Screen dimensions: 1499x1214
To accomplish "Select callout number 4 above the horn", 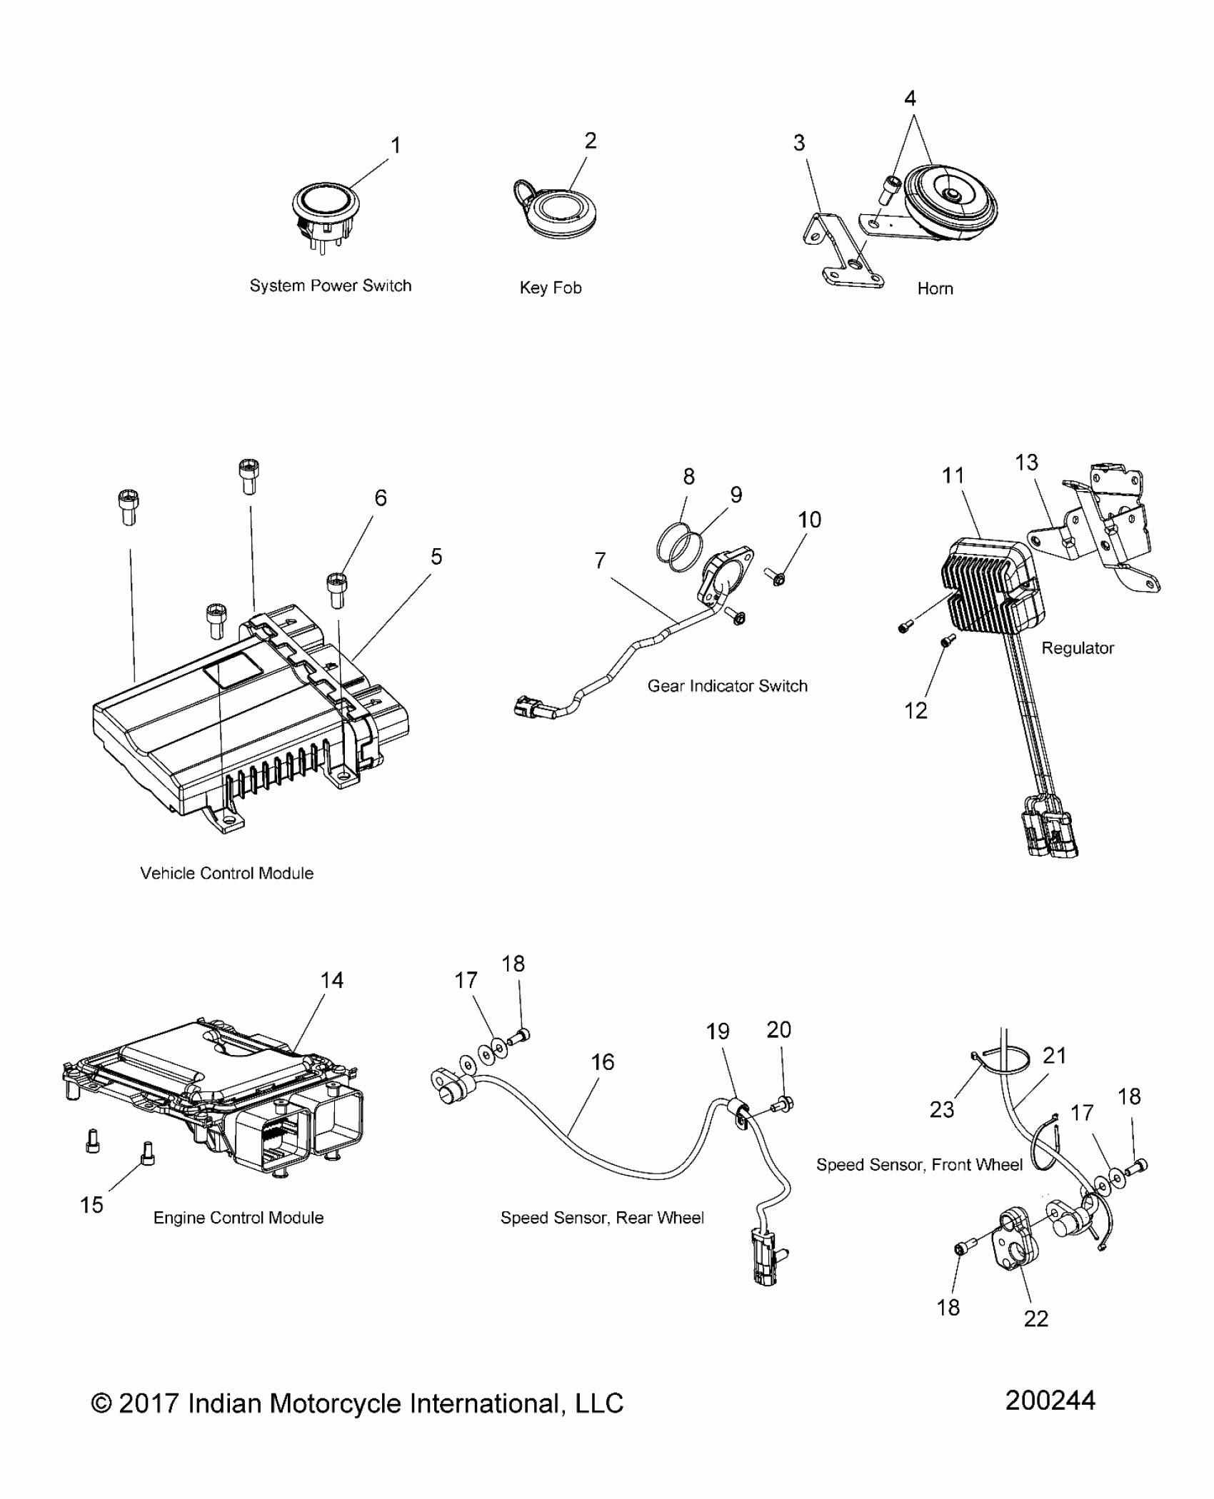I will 910,99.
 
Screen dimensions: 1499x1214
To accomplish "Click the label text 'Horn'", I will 935,288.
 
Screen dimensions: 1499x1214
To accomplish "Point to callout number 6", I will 381,498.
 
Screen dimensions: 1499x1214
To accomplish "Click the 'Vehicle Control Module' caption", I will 227,873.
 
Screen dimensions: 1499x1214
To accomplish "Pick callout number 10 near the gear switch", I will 809,520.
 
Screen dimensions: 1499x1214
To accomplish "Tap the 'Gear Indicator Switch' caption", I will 727,686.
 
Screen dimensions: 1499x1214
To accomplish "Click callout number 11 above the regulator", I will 953,475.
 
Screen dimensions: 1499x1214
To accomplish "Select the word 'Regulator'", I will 1077,648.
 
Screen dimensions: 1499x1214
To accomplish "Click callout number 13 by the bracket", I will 1026,463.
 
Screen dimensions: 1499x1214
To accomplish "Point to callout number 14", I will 332,980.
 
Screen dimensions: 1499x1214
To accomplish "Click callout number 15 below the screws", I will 92,1205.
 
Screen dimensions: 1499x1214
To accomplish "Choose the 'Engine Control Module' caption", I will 239,1218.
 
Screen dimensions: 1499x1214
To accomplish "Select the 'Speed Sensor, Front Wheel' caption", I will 919,1165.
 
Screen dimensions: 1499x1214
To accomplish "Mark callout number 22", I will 1035,1318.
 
